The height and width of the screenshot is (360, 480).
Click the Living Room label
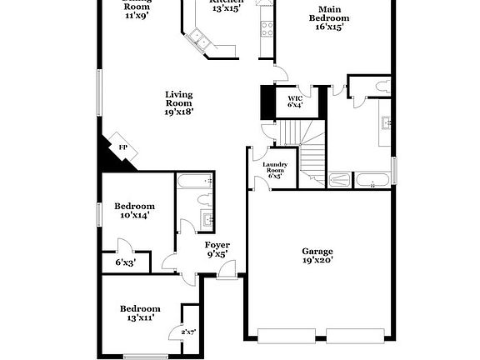pos(178,102)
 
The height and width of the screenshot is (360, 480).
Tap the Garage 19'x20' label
pos(317,256)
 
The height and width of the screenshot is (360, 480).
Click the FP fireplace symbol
pos(123,147)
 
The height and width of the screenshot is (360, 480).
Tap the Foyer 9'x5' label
pos(217,250)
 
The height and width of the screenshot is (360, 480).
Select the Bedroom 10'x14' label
pos(134,211)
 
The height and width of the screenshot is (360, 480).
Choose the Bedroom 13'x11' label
pos(139,312)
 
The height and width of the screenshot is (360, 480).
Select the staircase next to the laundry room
pos(304,150)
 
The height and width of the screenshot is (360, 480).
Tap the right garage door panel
pos(355,337)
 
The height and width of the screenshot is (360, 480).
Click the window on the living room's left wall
pos(98,92)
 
